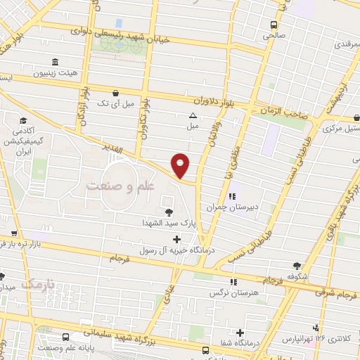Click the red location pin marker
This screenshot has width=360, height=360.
[x=181, y=165]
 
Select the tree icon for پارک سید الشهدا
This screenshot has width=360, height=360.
[x=168, y=212]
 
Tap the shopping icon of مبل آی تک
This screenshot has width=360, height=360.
[x=115, y=91]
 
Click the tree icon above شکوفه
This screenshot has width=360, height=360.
[x=297, y=266]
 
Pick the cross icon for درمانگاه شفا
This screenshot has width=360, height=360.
[x=240, y=333]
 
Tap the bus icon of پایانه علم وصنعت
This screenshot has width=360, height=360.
[x=65, y=337]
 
